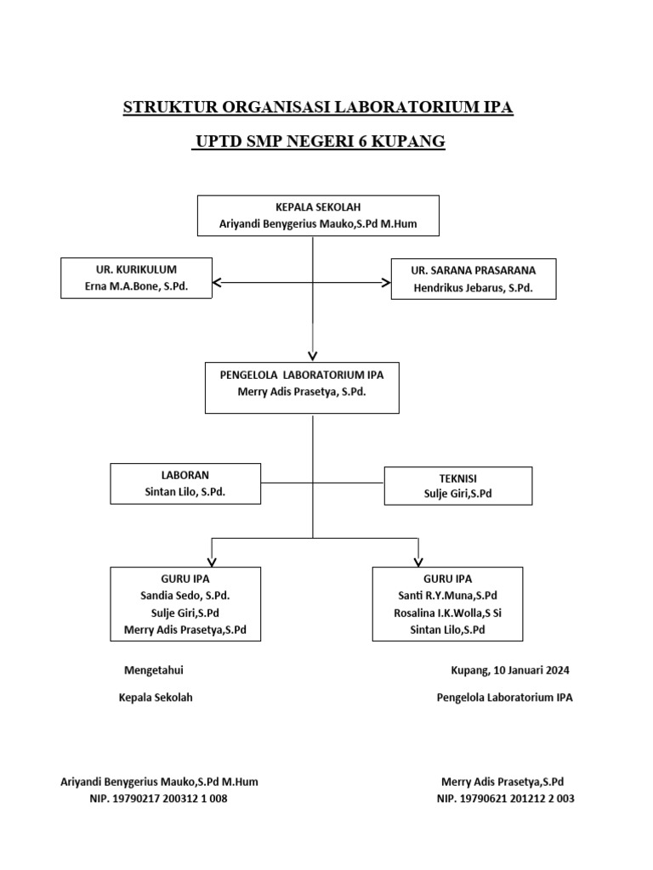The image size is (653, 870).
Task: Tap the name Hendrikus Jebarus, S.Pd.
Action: [x=474, y=288]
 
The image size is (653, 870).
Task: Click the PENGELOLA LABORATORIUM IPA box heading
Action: [x=302, y=374]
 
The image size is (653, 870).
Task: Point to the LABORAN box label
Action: [x=185, y=475]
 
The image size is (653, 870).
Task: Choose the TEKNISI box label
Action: [x=458, y=477]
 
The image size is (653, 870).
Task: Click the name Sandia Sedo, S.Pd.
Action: [x=185, y=595]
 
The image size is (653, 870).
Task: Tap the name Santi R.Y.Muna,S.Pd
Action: [x=447, y=595]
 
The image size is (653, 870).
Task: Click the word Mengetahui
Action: [x=154, y=669]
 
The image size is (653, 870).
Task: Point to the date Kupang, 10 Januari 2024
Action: [x=510, y=669]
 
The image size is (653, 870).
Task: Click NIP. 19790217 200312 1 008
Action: [x=158, y=799]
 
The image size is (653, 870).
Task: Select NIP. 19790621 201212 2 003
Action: [x=505, y=799]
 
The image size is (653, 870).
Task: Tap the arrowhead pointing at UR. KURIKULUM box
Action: [x=218, y=282]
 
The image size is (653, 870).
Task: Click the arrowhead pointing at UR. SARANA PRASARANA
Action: [x=384, y=282]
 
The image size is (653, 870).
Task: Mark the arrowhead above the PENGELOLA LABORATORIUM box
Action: [x=313, y=354]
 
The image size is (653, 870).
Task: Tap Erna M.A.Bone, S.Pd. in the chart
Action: [x=136, y=287]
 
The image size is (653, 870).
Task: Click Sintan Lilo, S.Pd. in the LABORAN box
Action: [x=185, y=492]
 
